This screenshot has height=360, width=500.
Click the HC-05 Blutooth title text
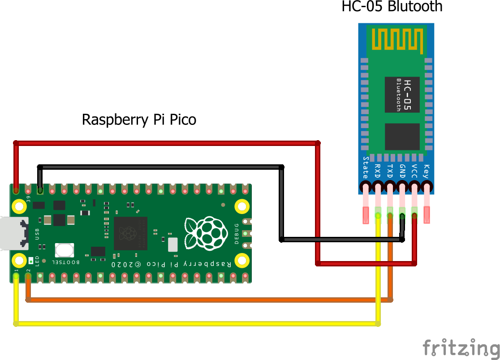point(392,7)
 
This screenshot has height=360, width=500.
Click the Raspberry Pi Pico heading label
point(139,120)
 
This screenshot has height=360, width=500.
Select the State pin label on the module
point(366,167)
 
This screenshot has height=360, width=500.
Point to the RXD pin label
point(378,171)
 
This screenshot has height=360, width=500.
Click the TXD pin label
point(390,171)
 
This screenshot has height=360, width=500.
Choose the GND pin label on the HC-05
point(402,171)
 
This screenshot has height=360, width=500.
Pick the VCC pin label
point(414,171)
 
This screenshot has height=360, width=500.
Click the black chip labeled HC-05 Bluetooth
point(402,95)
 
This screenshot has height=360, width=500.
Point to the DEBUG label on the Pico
point(237,234)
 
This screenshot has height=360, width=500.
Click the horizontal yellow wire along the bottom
point(197,323)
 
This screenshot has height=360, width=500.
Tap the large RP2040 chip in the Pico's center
point(130,233)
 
